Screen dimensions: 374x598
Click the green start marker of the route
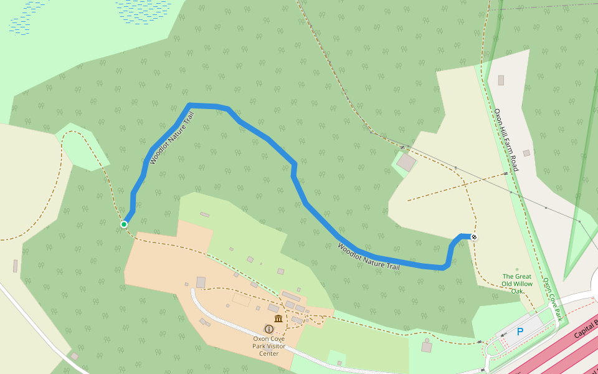pyautogui.click(x=124, y=224)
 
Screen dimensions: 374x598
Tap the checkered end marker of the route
pyautogui.click(x=474, y=237)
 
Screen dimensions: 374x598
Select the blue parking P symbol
pyautogui.click(x=520, y=332)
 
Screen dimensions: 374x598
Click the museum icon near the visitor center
pyautogui.click(x=278, y=319)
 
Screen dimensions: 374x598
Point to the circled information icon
pyautogui.click(x=269, y=328)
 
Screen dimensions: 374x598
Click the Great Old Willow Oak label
pyautogui.click(x=517, y=284)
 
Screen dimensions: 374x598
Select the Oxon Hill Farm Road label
pyautogui.click(x=506, y=140)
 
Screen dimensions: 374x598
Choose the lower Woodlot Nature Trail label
pyautogui.click(x=368, y=256)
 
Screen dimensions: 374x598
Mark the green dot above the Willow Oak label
pyautogui.click(x=517, y=270)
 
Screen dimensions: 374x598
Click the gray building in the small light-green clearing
pyautogui.click(x=406, y=163)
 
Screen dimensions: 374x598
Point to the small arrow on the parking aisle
pyautogui.click(x=504, y=335)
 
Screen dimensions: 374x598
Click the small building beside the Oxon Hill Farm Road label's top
pyautogui.click(x=501, y=80)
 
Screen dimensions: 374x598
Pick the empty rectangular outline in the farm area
pyautogui.click(x=241, y=300)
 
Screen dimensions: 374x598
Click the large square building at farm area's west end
pyautogui.click(x=201, y=282)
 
